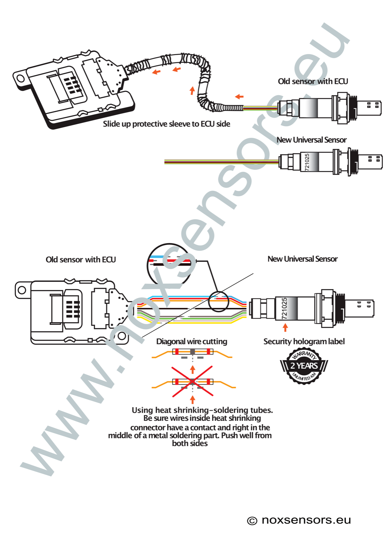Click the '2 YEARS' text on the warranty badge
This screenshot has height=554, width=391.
[304, 366]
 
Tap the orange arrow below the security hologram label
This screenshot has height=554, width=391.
[285, 327]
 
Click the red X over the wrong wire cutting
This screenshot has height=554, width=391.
[193, 381]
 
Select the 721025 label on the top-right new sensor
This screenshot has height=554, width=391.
[307, 162]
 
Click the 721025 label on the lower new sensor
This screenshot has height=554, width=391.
[284, 308]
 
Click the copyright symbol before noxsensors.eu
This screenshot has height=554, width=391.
[252, 521]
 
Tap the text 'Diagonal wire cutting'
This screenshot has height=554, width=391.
[192, 341]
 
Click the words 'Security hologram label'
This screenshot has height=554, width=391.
[304, 341]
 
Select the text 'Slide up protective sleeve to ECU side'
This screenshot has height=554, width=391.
[166, 124]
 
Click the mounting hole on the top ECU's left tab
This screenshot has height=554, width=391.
[21, 78]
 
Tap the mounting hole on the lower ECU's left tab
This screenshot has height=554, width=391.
[22, 290]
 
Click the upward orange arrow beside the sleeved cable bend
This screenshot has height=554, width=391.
[192, 91]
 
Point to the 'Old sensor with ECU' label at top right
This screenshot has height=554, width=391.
[313, 81]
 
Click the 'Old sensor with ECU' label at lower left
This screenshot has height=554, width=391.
[81, 260]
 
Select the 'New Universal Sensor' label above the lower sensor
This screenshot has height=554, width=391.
[302, 259]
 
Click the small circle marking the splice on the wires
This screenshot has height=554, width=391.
[218, 301]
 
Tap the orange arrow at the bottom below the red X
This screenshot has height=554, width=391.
[193, 400]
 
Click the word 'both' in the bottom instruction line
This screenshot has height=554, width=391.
[180, 444]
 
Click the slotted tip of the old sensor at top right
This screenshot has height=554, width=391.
[372, 107]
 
